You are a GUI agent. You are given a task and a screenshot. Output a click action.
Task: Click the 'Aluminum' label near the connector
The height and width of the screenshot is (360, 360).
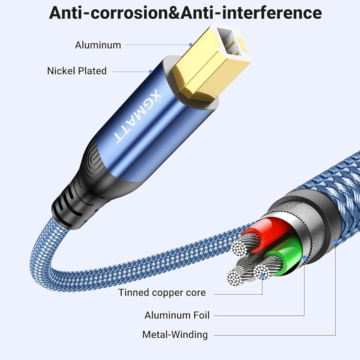click(98, 45)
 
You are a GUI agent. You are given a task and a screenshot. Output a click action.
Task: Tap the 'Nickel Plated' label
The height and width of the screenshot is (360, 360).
click(77, 71)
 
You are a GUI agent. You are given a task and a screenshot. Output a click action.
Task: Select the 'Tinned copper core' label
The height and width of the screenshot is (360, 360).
click(162, 292)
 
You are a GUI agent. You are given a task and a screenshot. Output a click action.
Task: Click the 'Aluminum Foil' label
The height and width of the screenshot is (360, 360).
click(177, 315)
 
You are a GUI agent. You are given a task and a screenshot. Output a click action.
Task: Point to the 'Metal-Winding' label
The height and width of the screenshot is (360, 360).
click(175, 335)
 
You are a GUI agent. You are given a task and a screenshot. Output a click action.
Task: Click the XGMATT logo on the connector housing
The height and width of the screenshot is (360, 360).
click(138, 116)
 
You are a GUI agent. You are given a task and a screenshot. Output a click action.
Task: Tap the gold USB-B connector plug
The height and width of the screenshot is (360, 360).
click(210, 62)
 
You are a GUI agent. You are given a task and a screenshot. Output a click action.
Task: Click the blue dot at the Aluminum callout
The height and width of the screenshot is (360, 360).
click(190, 45)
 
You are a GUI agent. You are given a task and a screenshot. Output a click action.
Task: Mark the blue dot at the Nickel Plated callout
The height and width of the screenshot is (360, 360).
click(150, 72)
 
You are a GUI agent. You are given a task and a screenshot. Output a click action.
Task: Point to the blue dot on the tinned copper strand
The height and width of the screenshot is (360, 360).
click(262, 276)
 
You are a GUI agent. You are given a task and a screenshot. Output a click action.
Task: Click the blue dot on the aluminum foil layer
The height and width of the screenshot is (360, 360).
click(305, 258)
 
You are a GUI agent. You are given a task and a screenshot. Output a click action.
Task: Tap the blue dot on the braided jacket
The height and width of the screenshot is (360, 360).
click(335, 242)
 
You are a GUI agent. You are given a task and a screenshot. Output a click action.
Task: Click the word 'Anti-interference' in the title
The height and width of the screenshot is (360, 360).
click(251, 13)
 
